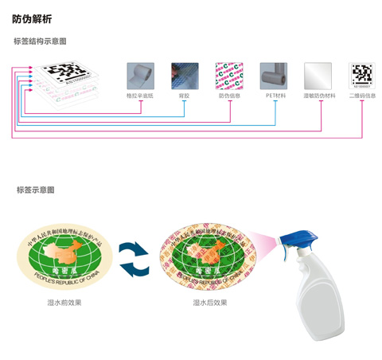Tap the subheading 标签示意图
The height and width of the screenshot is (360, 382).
tap(36, 190)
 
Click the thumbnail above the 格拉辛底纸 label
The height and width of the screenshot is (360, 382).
tap(140, 76)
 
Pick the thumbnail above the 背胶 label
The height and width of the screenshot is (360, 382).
tap(185, 76)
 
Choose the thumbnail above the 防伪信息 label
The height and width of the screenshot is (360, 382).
tap(229, 76)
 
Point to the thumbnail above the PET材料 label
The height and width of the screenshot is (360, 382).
tap(275, 76)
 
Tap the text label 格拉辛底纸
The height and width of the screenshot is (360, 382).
tap(140, 96)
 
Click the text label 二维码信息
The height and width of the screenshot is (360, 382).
tap(362, 96)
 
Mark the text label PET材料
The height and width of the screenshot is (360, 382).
tap(275, 96)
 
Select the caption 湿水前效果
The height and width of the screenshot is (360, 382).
tap(64, 303)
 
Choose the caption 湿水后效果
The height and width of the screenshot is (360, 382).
tap(210, 303)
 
